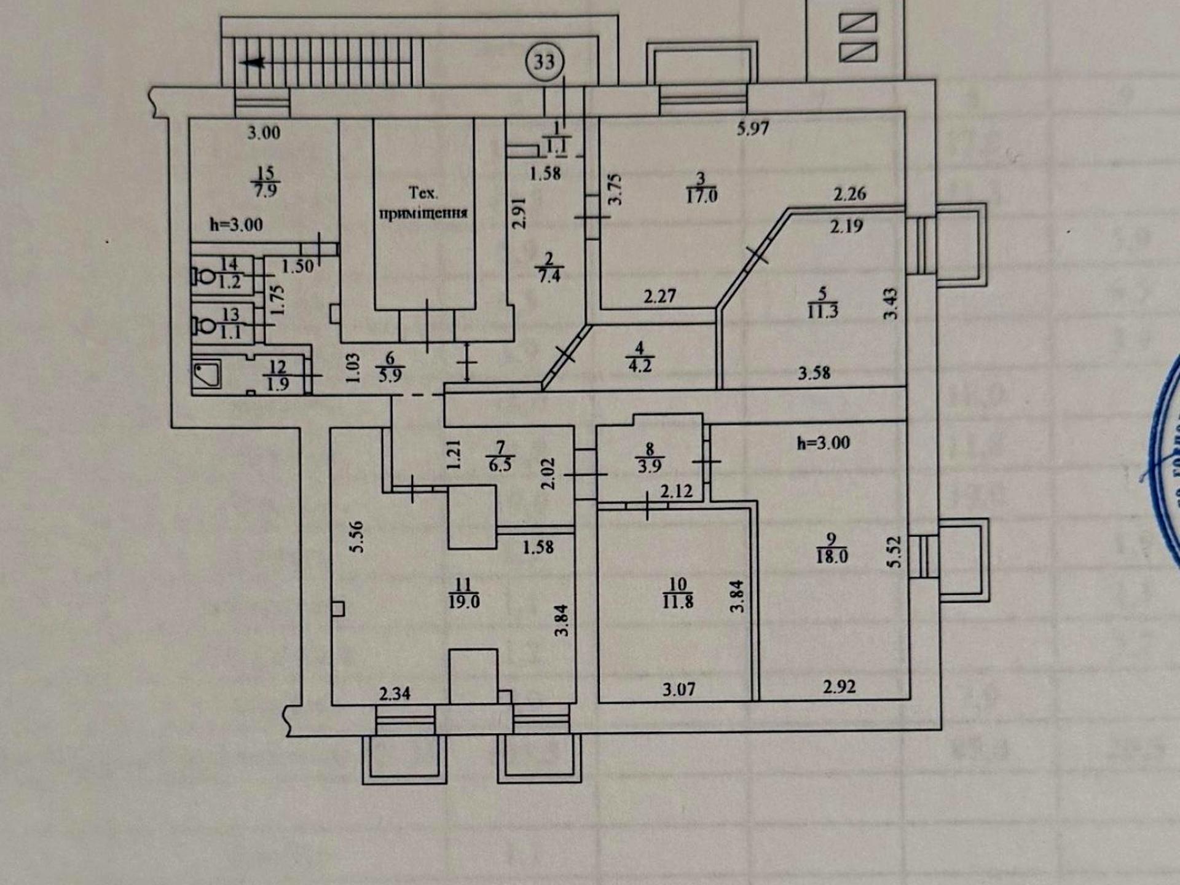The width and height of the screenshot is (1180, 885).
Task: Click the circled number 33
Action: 544,62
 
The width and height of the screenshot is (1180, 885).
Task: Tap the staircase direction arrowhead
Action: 254,63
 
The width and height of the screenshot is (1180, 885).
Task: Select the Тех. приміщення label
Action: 423,203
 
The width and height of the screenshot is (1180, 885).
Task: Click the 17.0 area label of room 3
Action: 701,196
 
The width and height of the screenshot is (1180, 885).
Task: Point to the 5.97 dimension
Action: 753,128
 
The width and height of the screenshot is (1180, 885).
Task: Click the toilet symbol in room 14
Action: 203,275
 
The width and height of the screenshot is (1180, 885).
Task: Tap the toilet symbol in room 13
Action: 203,324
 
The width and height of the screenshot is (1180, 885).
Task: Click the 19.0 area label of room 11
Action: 463,602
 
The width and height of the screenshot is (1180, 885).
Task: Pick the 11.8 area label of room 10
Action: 677,601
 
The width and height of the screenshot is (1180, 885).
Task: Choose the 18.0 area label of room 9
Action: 832,557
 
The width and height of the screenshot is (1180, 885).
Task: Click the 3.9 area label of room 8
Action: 649,466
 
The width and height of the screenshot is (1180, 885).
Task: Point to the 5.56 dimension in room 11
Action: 356,537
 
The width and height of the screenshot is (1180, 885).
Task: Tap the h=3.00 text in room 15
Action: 236,225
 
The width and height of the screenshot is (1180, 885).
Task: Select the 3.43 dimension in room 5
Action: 891,304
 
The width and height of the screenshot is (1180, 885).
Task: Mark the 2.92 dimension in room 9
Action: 839,686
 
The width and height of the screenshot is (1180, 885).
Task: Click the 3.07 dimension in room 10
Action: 678,690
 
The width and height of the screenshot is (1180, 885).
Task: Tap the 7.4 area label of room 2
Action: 549,276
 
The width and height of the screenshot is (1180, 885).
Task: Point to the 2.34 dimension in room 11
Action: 395,694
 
